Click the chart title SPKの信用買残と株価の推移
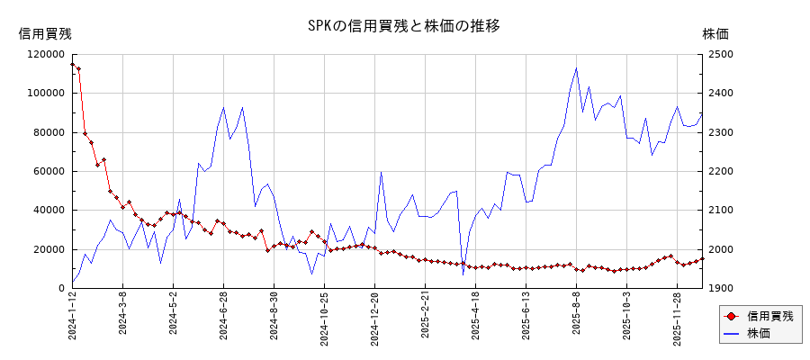[403, 26]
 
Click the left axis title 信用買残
[45, 33]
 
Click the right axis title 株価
[715, 33]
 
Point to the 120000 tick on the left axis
[44, 54]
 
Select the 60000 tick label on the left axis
[47, 171]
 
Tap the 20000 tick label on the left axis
[47, 249]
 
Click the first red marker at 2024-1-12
[73, 64]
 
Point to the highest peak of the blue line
[576, 67]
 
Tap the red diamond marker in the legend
[731, 316]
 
